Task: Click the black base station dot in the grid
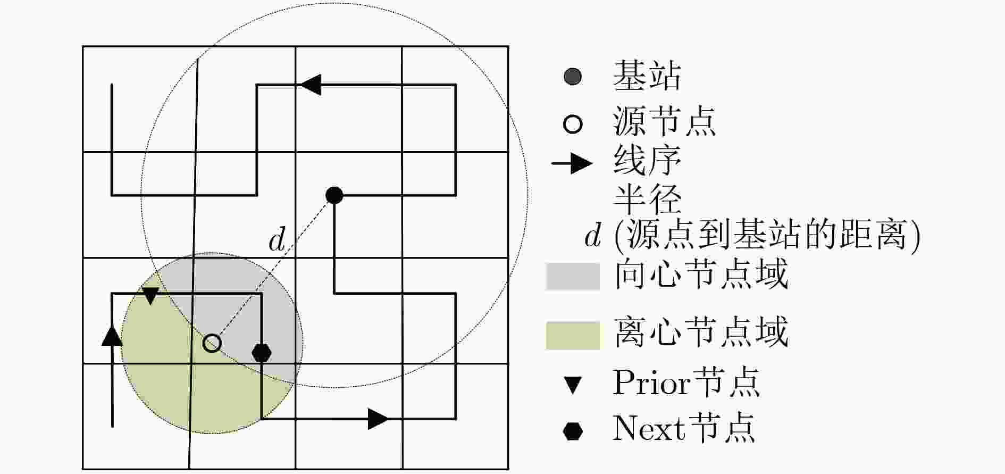pyautogui.click(x=334, y=195)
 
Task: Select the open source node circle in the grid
pyautogui.click(x=212, y=343)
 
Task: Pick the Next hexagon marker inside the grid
pyautogui.click(x=261, y=352)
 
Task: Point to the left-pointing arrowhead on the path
pyautogui.click(x=311, y=85)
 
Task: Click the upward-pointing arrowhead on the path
pyautogui.click(x=112, y=335)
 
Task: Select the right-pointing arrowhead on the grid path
pyautogui.click(x=379, y=419)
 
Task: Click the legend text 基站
pyautogui.click(x=647, y=76)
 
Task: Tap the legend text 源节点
pyautogui.click(x=665, y=122)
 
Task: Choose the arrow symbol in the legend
pyautogui.click(x=572, y=163)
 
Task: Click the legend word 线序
pyautogui.click(x=647, y=160)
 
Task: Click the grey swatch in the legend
pyautogui.click(x=573, y=276)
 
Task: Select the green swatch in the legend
pyautogui.click(x=573, y=335)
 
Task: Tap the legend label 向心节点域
pyautogui.click(x=701, y=275)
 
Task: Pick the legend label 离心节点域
pyautogui.click(x=701, y=332)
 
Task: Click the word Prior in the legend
pyautogui.click(x=651, y=382)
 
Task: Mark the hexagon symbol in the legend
pyautogui.click(x=573, y=431)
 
